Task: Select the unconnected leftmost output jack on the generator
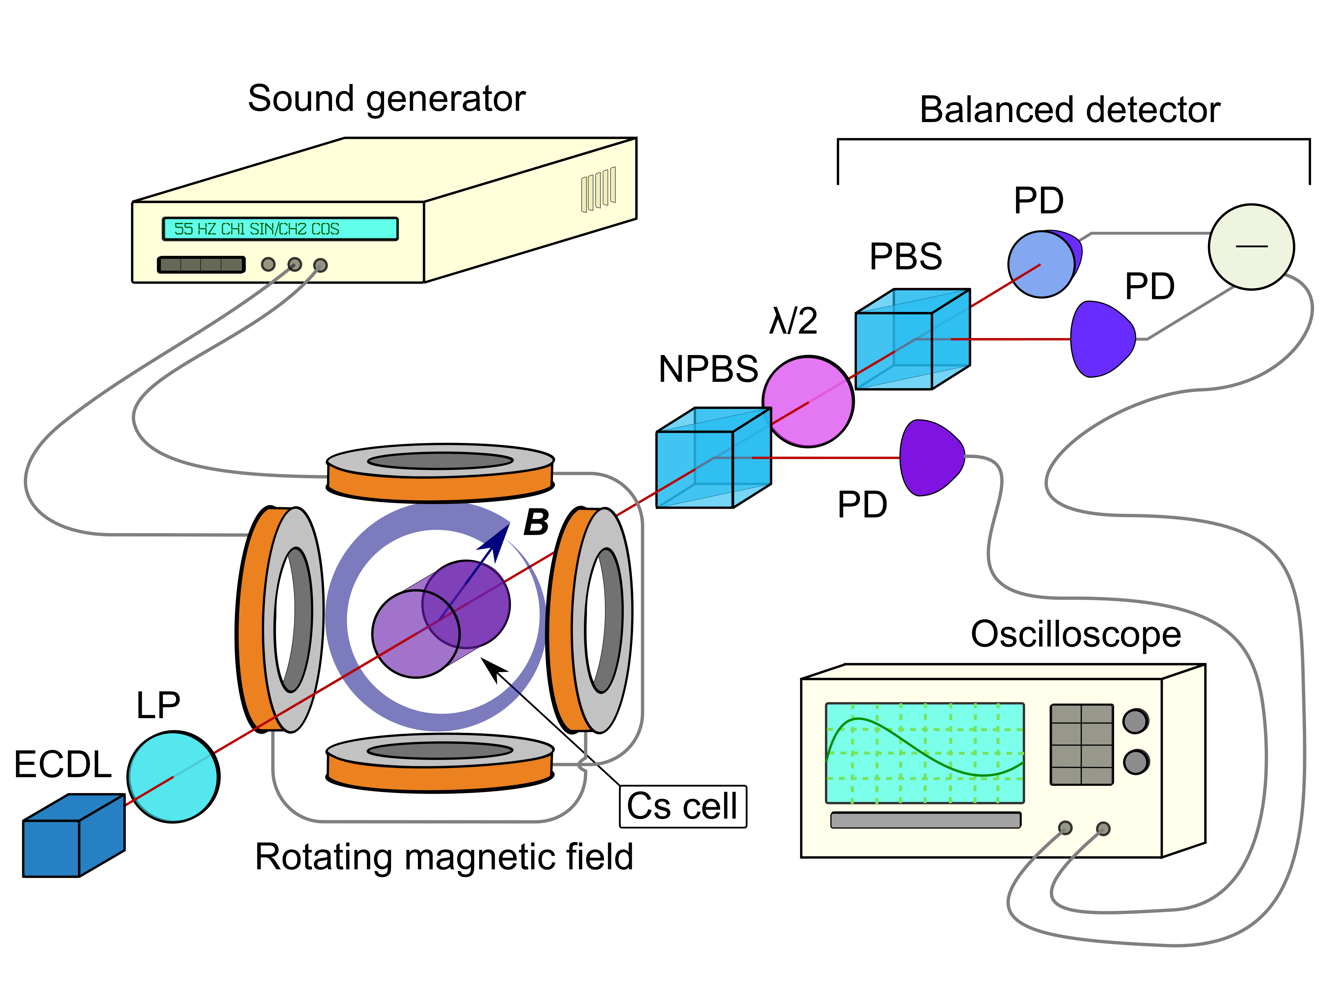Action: pos(268,264)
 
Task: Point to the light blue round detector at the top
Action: pos(1041,264)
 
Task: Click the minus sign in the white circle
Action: pos(1251,246)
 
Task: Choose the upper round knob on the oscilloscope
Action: pos(1135,721)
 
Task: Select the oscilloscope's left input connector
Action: pos(1065,828)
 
